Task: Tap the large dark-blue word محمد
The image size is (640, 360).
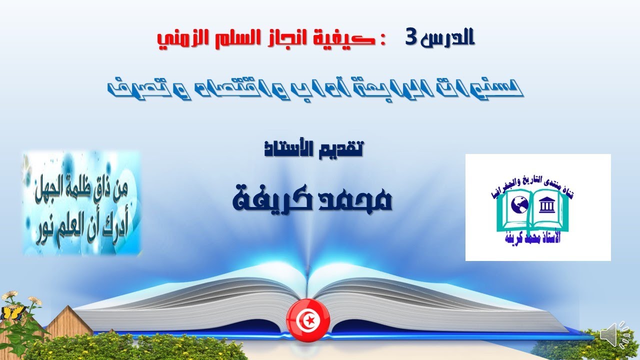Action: pyautogui.click(x=357, y=197)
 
